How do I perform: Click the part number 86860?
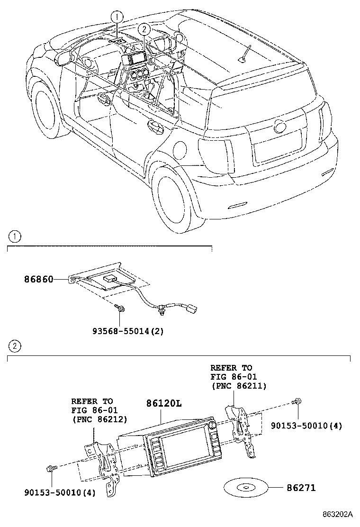tap(39, 280)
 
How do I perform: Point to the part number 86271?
tap(300, 488)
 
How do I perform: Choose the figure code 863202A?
tap(338, 514)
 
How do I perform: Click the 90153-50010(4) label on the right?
tap(306, 426)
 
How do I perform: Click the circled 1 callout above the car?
tap(117, 17)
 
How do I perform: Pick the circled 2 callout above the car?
tap(144, 29)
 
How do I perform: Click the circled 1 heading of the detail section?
tap(15, 236)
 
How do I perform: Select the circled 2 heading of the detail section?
tap(15, 346)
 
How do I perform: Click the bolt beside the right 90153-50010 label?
tap(297, 402)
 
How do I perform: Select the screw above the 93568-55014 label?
tap(120, 309)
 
